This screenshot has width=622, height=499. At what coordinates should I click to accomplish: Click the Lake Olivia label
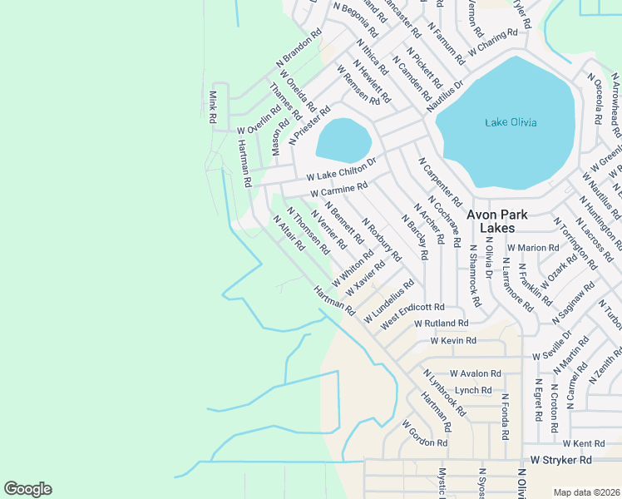[511, 123]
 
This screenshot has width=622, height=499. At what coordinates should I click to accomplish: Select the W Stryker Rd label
[561, 459]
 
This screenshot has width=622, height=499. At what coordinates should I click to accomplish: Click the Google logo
[27, 489]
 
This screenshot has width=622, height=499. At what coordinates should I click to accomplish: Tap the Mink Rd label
[213, 107]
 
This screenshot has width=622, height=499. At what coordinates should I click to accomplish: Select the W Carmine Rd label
[338, 190]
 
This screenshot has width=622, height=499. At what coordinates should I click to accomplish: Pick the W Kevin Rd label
[453, 341]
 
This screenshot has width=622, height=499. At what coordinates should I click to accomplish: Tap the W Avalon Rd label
[476, 373]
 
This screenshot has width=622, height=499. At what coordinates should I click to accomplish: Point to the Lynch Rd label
[473, 389]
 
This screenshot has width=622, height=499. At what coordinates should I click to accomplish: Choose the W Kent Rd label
[583, 444]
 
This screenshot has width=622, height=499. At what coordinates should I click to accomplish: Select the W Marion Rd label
[533, 248]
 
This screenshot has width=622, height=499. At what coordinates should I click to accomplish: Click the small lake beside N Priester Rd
[342, 140]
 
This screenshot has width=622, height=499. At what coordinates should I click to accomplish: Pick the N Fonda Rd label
[504, 416]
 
